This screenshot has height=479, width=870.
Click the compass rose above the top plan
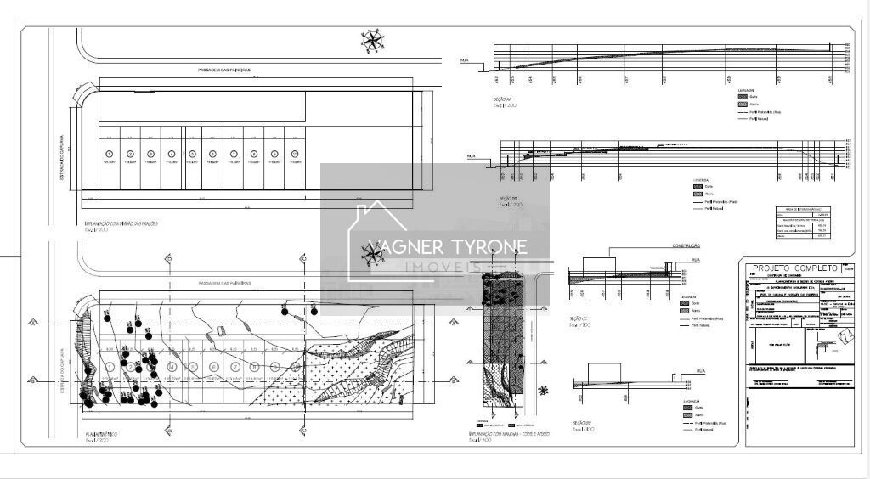pyautogui.click(x=372, y=38)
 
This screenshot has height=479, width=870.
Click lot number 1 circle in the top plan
pyautogui.click(x=109, y=154)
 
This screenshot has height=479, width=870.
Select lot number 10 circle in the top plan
pyautogui.click(x=295, y=154)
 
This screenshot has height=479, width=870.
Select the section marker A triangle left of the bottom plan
pyautogui.click(x=31, y=324)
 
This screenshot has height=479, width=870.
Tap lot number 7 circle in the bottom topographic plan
pyautogui.click(x=234, y=366)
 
